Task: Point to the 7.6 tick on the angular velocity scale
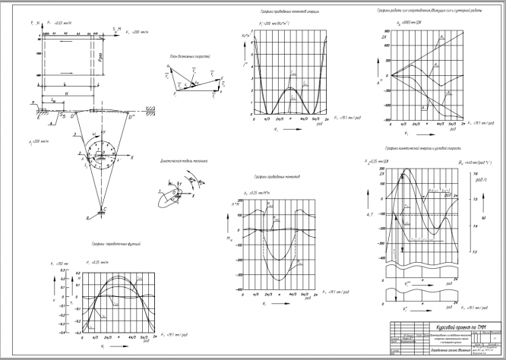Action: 474,174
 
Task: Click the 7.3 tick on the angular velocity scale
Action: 474,251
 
